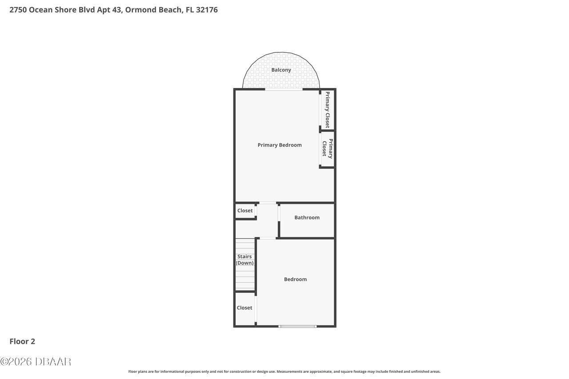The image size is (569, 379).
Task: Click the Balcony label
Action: pos(281,70)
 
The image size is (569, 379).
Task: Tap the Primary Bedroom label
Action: pos(280,145)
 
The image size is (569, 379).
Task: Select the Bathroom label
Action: pos(307,217)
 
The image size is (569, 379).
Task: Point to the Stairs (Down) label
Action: pos(244,259)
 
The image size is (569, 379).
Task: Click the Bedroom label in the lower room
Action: pos(295,279)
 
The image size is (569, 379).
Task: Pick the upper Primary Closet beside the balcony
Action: pos(328,110)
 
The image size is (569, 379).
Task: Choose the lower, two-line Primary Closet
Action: pos(328,148)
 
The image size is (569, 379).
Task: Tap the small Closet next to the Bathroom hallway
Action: pos(245,211)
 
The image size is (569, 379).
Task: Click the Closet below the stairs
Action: pos(244,307)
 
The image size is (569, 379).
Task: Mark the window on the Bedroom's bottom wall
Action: pos(297,326)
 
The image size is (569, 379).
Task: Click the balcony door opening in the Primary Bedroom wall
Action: pos(284,89)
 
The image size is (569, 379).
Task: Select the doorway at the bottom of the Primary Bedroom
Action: pos(268,203)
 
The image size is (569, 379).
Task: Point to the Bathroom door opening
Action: pos(279,213)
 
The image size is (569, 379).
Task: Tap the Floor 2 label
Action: pos(22,341)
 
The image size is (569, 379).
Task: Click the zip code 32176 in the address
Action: pos(207,10)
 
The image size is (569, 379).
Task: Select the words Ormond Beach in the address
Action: pos(154,10)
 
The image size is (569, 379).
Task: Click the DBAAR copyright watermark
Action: pos(36,362)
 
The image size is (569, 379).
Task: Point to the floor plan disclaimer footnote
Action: pos(284,371)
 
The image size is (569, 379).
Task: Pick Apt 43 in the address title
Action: pos(110,10)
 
